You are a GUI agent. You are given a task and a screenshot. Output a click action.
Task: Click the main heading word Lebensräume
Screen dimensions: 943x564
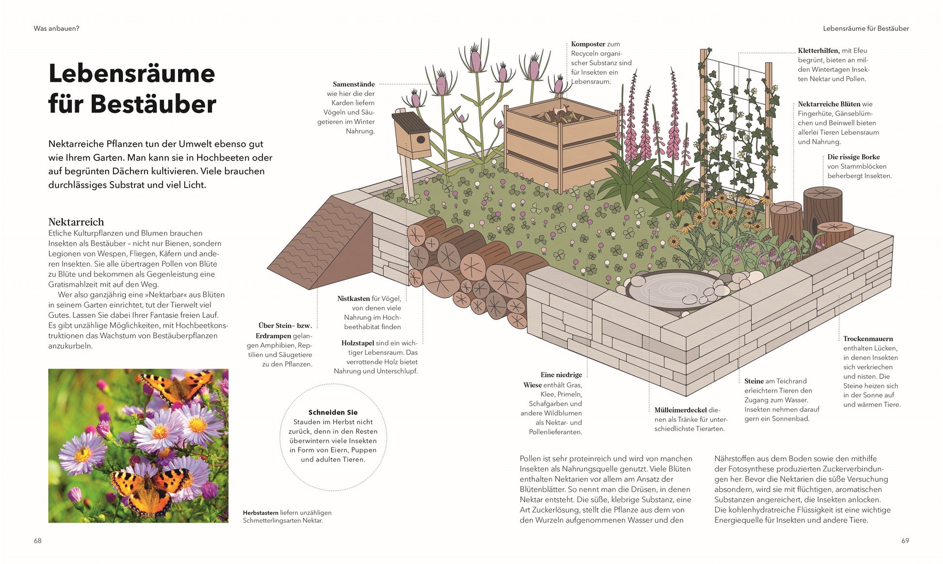pos(132,73)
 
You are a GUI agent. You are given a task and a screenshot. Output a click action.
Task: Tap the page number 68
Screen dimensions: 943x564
pos(38,541)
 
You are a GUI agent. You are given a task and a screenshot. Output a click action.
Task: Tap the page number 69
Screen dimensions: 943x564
pos(905,541)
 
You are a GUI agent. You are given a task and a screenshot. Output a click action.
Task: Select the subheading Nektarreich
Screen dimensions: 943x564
pos(76,222)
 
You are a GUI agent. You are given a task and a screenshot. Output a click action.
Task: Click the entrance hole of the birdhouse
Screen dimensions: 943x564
pos(421,140)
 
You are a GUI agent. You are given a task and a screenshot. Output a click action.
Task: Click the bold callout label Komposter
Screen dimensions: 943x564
pos(588,44)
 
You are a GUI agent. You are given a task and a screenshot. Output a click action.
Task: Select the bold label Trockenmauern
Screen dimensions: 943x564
pos(868,339)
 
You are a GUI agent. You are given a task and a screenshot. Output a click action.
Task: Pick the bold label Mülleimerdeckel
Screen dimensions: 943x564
pos(680,410)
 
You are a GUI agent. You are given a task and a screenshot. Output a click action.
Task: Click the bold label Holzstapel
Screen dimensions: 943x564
pos(358,343)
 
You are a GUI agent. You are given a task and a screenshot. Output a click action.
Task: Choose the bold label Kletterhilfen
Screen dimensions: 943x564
pos(818,51)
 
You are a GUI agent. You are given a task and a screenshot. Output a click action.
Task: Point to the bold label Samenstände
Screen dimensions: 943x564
pos(354,84)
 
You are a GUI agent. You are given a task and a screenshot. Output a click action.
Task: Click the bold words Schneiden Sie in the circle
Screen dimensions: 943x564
pos(333,413)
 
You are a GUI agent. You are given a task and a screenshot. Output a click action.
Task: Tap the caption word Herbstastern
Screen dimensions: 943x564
pos(261,513)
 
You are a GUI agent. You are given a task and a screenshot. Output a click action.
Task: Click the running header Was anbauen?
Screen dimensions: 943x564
pos(56,29)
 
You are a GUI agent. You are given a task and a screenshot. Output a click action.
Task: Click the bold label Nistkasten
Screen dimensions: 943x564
pos(354,299)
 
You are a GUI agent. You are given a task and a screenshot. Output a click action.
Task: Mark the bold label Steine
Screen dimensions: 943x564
pos(754,382)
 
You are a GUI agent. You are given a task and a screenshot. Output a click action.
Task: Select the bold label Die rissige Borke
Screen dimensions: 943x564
pos(853,157)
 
